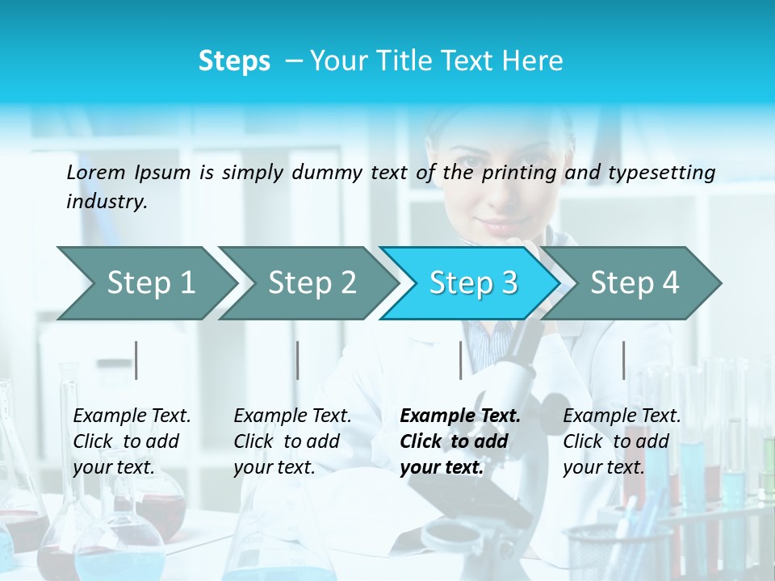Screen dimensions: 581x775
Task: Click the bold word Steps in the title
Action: pos(234,61)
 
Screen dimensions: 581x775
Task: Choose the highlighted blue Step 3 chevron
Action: pos(473,282)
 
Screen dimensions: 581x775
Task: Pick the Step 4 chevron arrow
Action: pos(635,282)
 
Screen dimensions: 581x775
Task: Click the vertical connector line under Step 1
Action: pos(136,360)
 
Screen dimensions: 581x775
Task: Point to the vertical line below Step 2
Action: pos(298,360)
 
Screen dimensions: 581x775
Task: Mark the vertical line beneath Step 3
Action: pos(460,360)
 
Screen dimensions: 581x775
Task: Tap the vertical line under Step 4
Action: pos(623,360)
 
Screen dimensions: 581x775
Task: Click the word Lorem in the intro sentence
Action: pos(96,173)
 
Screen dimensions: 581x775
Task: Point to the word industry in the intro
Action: pos(107,202)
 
